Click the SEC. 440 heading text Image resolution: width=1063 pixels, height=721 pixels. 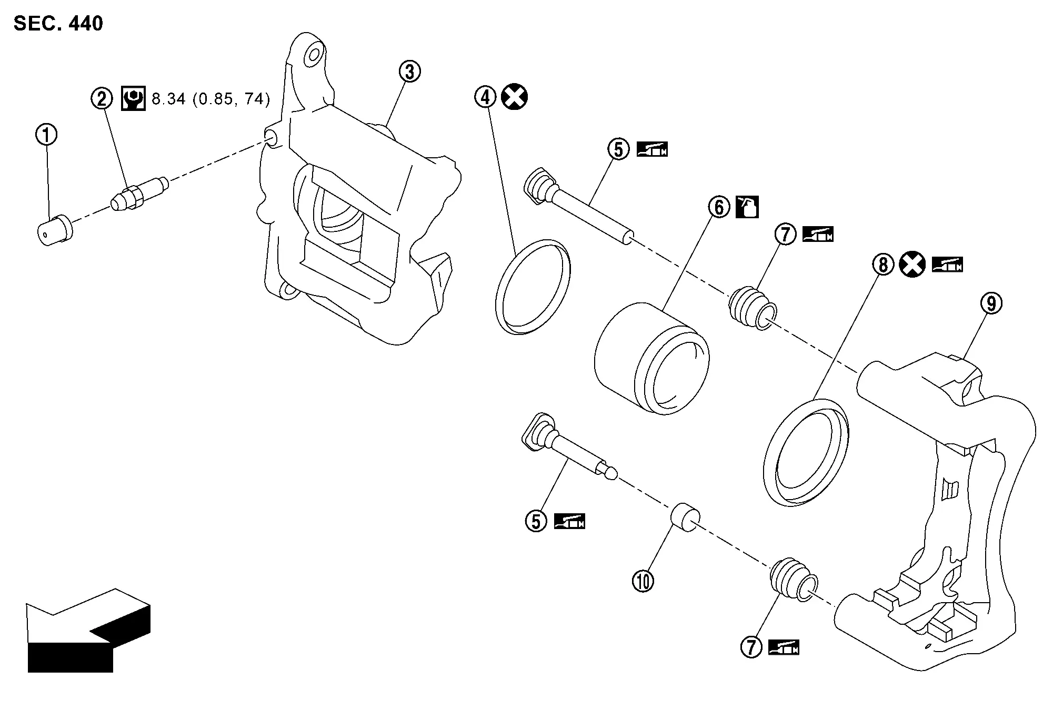tap(58, 24)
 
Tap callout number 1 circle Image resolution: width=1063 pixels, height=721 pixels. tap(46, 135)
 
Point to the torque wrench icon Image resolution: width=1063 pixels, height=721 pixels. tap(134, 98)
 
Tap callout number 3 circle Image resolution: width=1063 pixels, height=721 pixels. tap(409, 72)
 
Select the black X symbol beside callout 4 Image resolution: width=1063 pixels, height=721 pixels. tap(514, 97)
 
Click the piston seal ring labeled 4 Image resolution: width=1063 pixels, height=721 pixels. tap(533, 286)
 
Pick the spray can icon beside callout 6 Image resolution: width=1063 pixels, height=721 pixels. tap(747, 207)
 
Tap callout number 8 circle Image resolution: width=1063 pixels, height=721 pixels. tap(883, 264)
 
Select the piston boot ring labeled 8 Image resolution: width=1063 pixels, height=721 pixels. tap(806, 452)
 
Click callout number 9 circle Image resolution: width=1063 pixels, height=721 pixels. tap(991, 303)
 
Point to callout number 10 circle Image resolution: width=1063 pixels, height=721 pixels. tap(643, 581)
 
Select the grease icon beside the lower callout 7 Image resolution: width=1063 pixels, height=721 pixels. tap(784, 647)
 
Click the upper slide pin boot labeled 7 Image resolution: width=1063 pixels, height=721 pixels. tap(751, 308)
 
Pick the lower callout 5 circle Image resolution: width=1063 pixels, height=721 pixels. tap(536, 521)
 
